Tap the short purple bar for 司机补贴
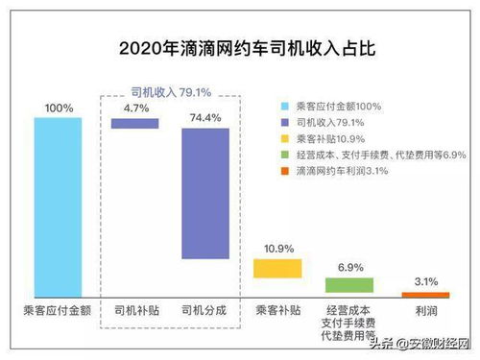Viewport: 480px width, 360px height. tap(135, 123)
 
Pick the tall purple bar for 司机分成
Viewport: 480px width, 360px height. tap(204, 193)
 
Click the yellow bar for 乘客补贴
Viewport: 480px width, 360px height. tap(277, 268)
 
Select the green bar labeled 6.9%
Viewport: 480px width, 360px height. tap(349, 285)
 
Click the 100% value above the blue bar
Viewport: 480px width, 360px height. tap(59, 108)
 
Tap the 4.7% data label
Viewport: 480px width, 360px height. tap(136, 108)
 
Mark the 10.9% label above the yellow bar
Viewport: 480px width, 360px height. tap(278, 249)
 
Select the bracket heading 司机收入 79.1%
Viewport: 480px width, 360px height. tap(171, 91)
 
